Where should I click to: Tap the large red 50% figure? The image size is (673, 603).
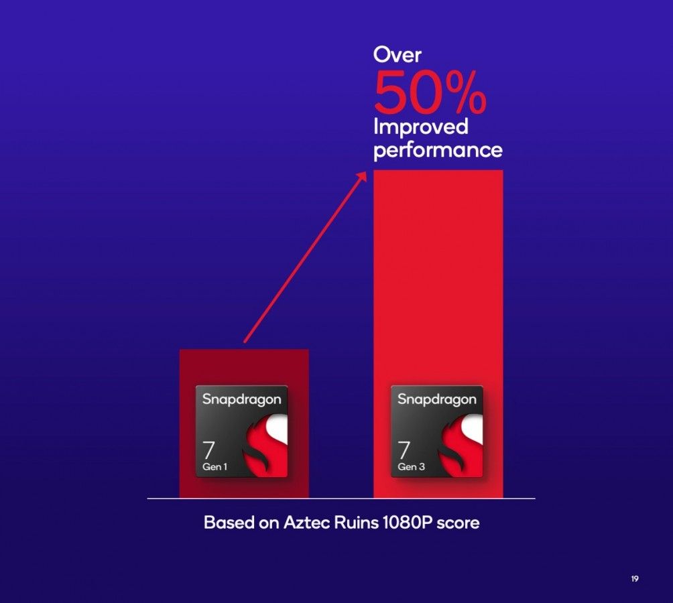click(x=430, y=93)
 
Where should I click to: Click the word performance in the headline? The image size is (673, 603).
click(x=438, y=149)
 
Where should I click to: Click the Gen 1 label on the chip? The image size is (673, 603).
click(x=215, y=466)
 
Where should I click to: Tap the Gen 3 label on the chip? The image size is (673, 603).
click(x=411, y=466)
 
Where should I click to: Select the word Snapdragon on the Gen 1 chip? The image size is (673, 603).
click(x=241, y=399)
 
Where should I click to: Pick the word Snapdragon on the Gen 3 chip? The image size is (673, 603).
click(x=437, y=399)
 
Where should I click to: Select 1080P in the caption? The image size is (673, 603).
click(x=401, y=523)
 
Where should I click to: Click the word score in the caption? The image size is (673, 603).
click(x=458, y=523)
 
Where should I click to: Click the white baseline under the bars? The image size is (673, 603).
click(x=341, y=498)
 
